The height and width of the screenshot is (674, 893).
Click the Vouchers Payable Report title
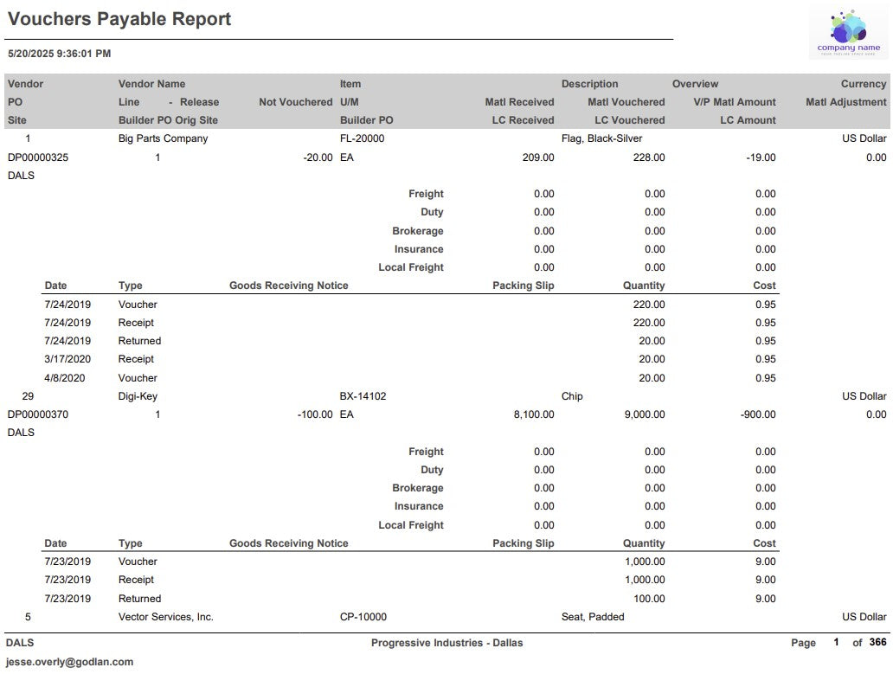tap(119, 19)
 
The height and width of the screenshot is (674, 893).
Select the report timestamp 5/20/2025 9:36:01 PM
tap(59, 54)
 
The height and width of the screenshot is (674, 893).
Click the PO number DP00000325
tap(38, 157)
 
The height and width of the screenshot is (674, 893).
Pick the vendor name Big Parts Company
tap(163, 138)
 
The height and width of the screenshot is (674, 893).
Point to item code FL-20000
tap(362, 138)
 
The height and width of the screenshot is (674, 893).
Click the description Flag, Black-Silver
tap(601, 138)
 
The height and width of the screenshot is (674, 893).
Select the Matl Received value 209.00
tap(538, 157)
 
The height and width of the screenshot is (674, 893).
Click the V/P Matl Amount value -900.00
tap(758, 414)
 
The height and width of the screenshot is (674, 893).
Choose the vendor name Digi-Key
tap(138, 396)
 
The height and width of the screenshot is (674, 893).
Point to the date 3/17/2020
tap(67, 359)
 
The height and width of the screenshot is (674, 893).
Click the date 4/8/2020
tap(64, 378)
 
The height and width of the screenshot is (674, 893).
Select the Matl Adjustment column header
tap(845, 102)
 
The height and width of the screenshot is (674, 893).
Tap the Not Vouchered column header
tap(295, 102)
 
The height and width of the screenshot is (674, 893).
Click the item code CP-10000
tap(363, 617)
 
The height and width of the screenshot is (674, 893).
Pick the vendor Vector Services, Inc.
tap(166, 617)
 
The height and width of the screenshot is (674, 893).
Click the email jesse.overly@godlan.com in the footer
tap(70, 662)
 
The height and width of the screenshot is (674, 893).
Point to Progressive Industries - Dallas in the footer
tap(446, 643)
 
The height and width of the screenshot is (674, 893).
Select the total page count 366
tap(877, 643)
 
